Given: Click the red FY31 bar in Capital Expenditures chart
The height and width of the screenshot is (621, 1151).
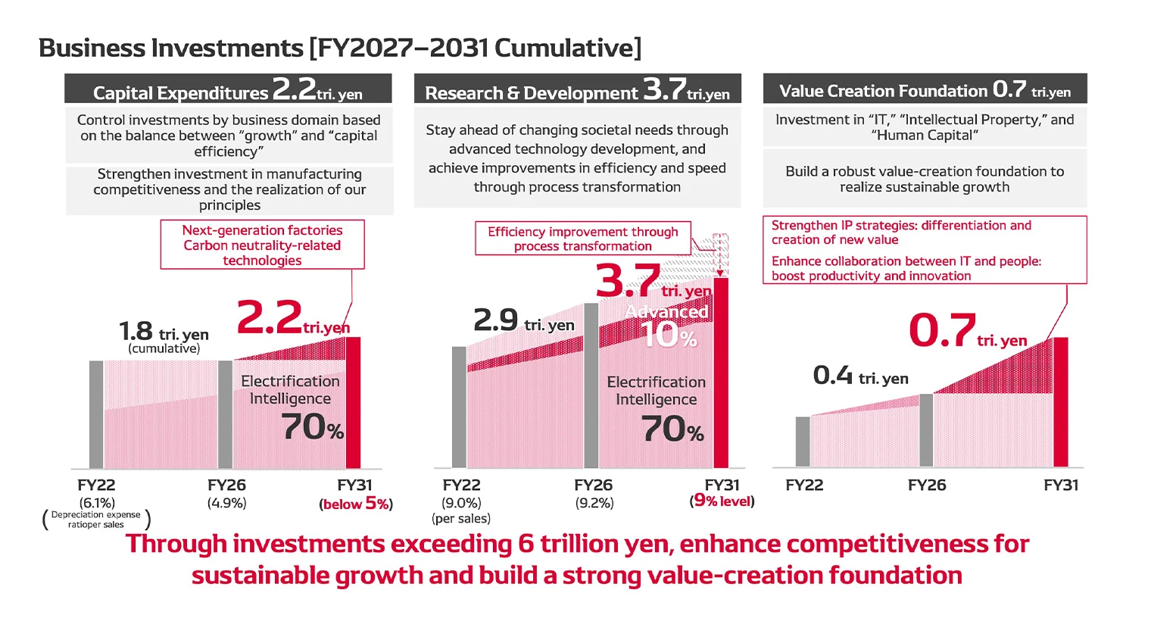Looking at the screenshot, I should pos(353,403).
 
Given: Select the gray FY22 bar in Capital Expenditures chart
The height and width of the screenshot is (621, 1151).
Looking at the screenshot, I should pos(96,414).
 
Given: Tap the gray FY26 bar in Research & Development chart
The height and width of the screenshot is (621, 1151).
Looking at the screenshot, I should pos(591,385).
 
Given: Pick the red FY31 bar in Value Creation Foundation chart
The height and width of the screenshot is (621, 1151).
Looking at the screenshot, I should pos(1061,402).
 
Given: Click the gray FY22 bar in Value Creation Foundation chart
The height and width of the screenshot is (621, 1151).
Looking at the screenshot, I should pos(803,442).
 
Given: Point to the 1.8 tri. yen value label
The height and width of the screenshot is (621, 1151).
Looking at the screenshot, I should pos(164,332).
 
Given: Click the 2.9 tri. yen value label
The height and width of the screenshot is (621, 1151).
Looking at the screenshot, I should pos(523,321).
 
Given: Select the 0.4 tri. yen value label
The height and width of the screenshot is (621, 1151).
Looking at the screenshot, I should pos(860,376).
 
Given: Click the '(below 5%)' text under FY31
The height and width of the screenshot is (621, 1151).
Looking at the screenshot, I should pos(356,504).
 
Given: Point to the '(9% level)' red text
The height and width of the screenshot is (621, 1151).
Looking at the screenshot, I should pos(722,501).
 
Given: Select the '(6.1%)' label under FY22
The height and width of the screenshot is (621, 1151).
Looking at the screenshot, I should pos(97,503).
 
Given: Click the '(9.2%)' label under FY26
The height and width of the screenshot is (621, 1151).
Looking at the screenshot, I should pos(594,503).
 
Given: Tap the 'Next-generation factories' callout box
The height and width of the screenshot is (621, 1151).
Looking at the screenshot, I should pos(262,245).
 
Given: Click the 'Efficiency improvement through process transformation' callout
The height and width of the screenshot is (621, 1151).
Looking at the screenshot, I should pos(582,239).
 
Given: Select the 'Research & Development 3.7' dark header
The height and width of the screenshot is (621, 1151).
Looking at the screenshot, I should pos(577,90).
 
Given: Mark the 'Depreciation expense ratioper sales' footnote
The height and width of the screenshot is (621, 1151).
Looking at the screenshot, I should pos(96,520).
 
